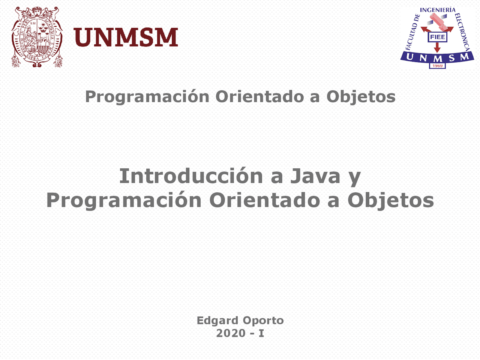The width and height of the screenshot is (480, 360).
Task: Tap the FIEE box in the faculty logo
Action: tap(437, 37)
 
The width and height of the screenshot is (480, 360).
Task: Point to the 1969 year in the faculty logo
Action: tap(437, 66)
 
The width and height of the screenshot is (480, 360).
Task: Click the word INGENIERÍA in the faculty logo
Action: tap(438, 10)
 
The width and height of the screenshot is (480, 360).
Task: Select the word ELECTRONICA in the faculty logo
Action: tap(462, 32)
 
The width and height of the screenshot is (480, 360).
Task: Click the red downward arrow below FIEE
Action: tap(437, 48)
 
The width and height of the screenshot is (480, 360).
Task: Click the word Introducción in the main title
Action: tap(191, 176)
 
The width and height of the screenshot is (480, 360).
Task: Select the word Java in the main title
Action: tap(315, 176)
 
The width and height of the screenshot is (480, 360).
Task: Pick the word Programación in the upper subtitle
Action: tap(147, 97)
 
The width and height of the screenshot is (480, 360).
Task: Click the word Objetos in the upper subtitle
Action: tap(361, 97)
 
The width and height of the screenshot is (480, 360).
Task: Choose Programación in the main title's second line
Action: tap(124, 200)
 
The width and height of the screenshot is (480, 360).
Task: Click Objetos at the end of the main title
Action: tap(390, 200)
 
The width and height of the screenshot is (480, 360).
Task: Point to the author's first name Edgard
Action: tap(217, 321)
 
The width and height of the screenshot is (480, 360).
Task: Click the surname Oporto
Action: tap(263, 321)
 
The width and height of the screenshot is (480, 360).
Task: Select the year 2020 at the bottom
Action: tap(231, 333)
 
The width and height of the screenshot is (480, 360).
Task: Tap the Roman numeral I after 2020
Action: tap(261, 333)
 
